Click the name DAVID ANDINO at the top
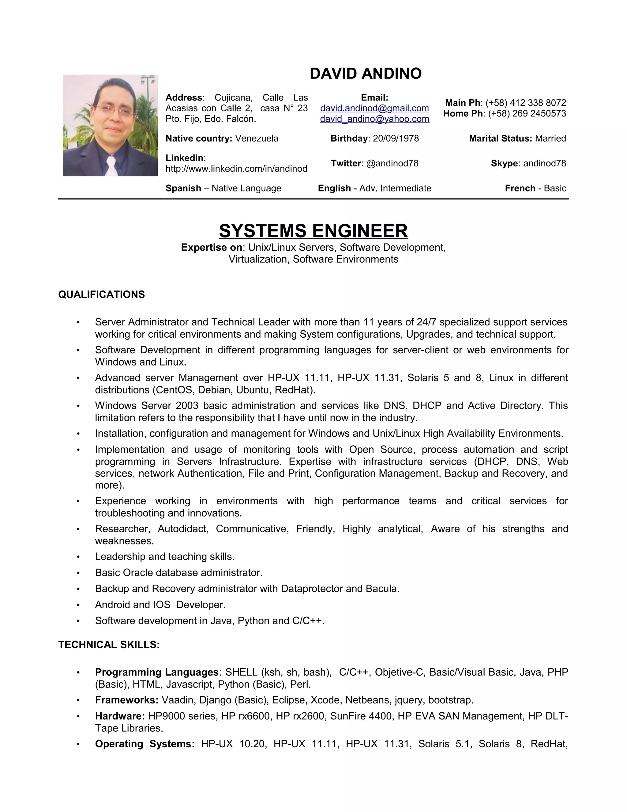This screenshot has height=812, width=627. click(366, 74)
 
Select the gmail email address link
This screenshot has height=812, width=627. click(374, 108)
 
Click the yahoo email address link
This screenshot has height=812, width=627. click(374, 119)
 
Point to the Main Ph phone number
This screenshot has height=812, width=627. click(526, 103)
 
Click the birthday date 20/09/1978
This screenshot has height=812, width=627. click(396, 139)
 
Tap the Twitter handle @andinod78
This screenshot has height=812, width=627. click(392, 163)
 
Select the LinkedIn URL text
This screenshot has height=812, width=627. click(236, 169)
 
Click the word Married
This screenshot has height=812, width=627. click(550, 139)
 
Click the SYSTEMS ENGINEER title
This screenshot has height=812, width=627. click(313, 231)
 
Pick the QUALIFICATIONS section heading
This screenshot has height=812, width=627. click(101, 294)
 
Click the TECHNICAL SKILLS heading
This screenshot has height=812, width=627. click(109, 645)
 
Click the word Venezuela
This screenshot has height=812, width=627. click(257, 139)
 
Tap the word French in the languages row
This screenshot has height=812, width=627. click(520, 188)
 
